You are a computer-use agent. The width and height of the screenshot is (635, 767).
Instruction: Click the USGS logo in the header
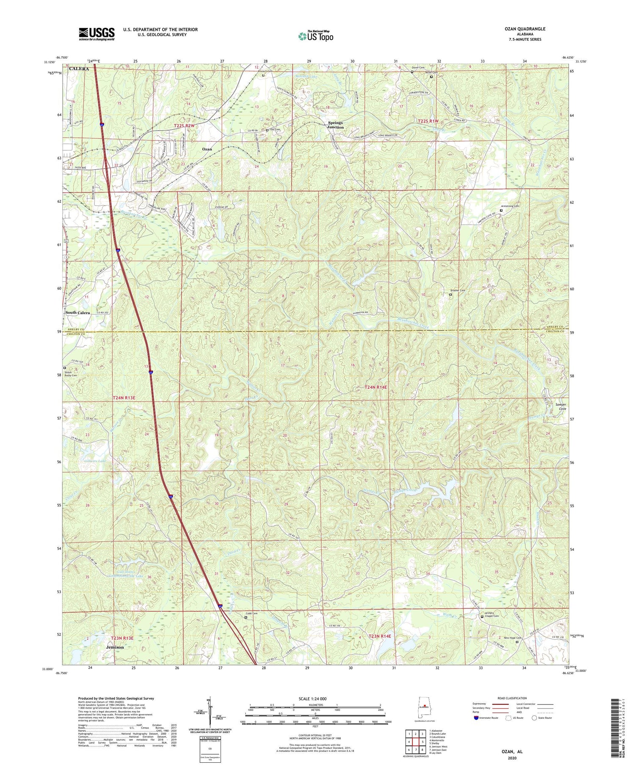point(97,34)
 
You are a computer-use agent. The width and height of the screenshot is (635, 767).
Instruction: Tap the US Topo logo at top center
point(315,36)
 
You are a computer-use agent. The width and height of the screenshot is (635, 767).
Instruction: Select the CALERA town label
point(77,69)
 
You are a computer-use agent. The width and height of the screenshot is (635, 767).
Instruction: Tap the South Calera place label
point(77,313)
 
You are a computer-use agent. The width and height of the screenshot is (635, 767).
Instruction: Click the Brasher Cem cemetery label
point(457,290)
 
